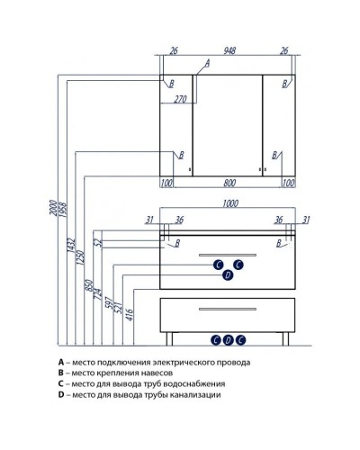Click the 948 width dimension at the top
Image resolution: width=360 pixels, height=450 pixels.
[229, 50]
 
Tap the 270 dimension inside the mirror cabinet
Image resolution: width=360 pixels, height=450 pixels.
[181, 99]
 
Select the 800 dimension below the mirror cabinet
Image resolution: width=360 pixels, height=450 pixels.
[229, 183]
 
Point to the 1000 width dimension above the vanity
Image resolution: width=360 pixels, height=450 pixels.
[230, 203]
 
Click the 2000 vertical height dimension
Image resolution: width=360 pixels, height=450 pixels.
[53, 207]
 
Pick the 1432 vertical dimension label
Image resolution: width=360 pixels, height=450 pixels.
[70, 245]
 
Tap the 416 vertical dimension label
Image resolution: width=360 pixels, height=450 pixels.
[130, 313]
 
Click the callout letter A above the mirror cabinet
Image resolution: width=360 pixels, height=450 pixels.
[207, 63]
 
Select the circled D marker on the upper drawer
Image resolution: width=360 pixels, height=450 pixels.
[228, 275]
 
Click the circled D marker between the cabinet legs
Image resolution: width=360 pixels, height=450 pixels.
[228, 340]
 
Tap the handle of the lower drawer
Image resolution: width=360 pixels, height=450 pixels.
[228, 309]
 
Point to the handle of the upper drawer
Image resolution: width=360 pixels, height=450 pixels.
[228, 255]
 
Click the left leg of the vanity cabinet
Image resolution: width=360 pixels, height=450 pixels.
[169, 338]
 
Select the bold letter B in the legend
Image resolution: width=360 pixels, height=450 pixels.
[61, 373]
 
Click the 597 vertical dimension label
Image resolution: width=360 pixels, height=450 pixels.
[110, 303]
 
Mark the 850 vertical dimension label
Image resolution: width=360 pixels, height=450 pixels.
[88, 286]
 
